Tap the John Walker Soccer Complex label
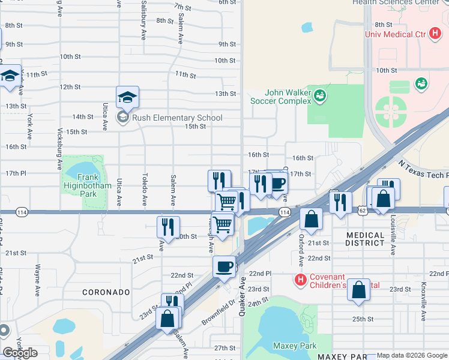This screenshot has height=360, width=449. pos(289,97)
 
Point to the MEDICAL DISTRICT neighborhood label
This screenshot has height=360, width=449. pos(365,239)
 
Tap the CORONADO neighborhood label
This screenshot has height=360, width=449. pos(106,292)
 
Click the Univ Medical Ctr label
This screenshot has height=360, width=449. pos(396,34)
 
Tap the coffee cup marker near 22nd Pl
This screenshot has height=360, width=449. pos(224,266)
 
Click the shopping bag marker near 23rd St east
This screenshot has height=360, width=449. pos(358,289)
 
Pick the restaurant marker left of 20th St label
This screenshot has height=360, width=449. pos(168,227)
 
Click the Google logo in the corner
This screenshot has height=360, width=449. pos(20,353)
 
